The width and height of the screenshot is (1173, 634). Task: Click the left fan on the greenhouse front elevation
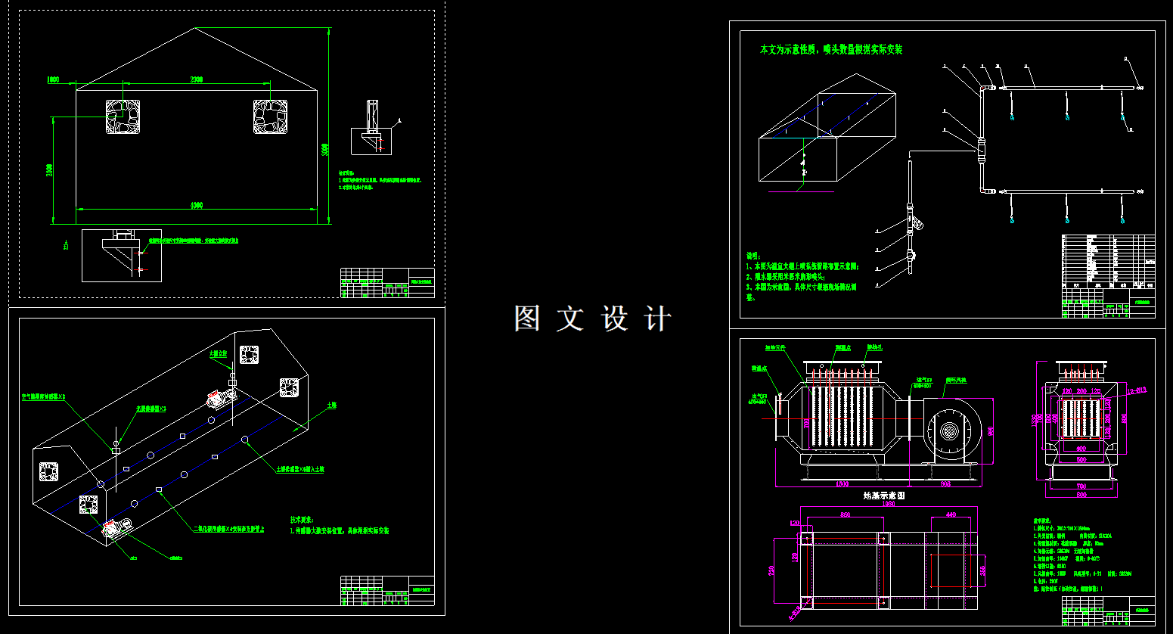[123, 117]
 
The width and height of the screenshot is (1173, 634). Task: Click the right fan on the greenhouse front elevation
[270, 117]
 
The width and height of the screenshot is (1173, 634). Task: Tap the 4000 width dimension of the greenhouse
[196, 205]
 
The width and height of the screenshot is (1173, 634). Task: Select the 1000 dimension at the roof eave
[53, 79]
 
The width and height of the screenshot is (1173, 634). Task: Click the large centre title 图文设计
[592, 319]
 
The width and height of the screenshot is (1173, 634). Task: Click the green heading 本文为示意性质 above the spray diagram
[830, 50]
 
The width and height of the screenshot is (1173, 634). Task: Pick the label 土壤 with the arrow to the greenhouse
[331, 406]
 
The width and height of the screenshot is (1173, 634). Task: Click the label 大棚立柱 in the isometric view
[218, 353]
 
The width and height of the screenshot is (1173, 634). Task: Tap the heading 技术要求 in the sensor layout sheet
[301, 520]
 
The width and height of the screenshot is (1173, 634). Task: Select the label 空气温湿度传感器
[44, 396]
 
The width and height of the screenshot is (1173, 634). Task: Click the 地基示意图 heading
[884, 496]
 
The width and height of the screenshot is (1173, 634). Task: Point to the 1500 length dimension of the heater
[842, 483]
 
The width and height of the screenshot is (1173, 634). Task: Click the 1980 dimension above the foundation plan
[888, 504]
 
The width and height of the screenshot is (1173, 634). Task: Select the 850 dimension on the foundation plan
[846, 515]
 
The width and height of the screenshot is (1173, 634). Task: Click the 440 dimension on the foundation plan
[951, 515]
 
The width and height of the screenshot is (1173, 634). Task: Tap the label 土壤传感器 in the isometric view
[299, 469]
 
